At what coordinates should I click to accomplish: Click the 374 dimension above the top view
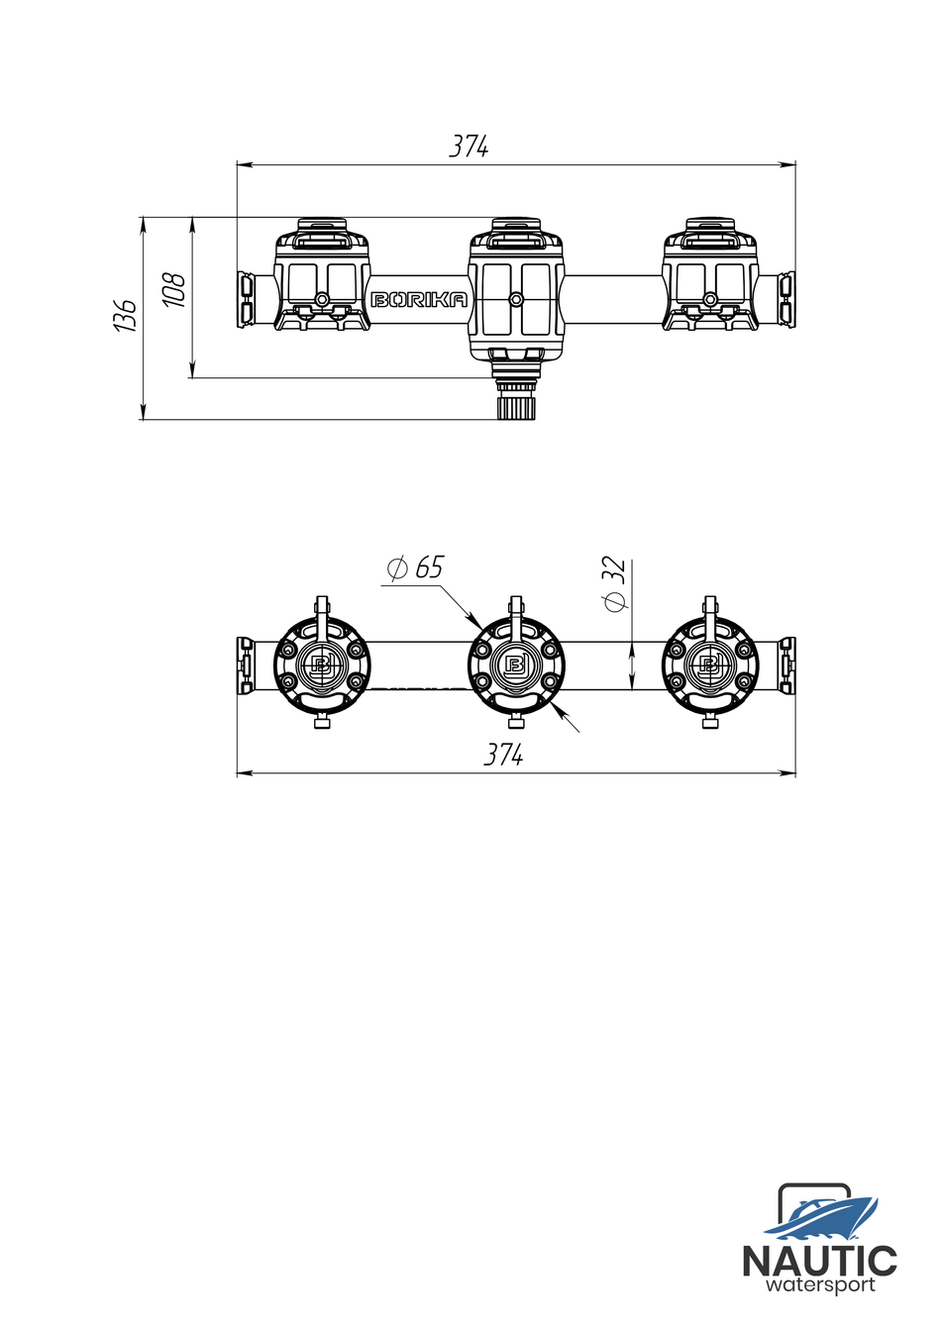(x=470, y=147)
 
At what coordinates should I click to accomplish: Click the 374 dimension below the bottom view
(x=503, y=756)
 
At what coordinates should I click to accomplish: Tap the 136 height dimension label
(x=125, y=314)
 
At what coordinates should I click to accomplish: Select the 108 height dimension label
(x=174, y=289)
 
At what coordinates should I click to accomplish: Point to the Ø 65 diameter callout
(x=415, y=568)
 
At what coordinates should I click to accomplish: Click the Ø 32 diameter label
(x=614, y=584)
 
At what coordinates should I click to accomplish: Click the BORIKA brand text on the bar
(x=419, y=300)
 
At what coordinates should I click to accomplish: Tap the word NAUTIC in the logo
(x=819, y=1262)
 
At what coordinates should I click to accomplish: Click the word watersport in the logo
(x=820, y=1285)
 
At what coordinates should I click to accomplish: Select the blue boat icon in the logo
(x=821, y=1217)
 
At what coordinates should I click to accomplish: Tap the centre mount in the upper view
(x=515, y=287)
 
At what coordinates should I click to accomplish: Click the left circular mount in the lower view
(x=322, y=665)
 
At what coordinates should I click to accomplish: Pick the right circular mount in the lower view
(x=710, y=665)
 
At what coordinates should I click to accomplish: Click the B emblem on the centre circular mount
(x=515, y=665)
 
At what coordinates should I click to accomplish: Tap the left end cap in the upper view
(x=244, y=299)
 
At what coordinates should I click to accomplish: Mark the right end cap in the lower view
(x=786, y=665)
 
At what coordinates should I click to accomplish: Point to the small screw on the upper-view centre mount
(x=515, y=299)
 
